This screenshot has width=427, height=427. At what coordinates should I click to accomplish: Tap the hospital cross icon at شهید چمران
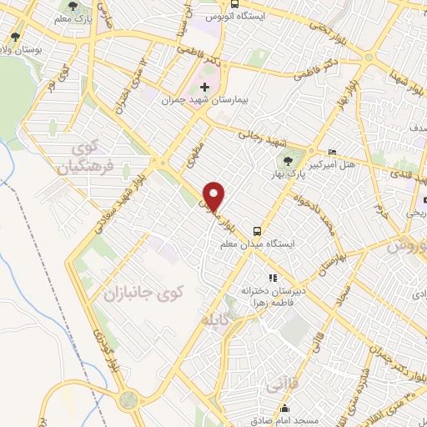click(204, 86)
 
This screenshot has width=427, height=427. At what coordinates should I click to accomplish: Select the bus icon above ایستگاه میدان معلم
click(257, 230)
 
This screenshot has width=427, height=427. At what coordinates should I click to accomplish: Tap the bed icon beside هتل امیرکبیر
click(334, 153)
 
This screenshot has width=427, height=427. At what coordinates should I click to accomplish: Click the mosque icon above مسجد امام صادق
click(285, 409)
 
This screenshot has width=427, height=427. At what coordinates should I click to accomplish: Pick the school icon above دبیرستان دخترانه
click(271, 278)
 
